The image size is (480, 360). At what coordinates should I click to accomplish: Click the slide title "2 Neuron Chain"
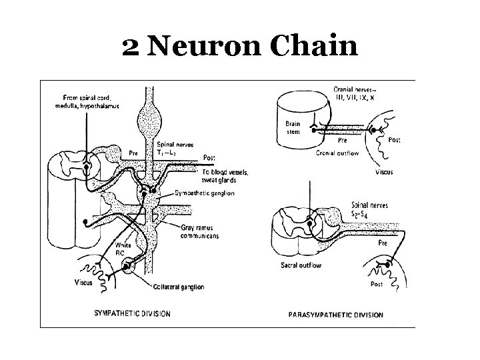click(x=240, y=47)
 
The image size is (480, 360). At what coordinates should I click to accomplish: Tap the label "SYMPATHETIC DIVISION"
click(x=133, y=313)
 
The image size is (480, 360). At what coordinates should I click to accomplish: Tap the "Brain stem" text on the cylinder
click(x=293, y=127)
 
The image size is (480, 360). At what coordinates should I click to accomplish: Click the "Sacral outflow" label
click(x=301, y=265)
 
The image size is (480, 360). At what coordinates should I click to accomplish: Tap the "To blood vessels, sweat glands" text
click(x=225, y=176)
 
